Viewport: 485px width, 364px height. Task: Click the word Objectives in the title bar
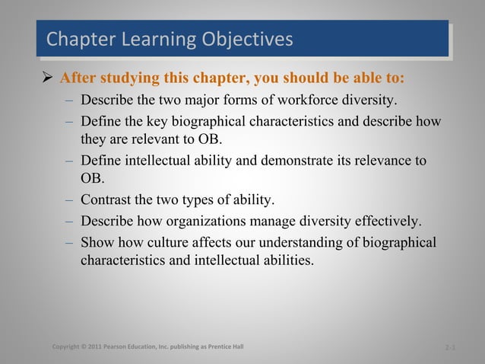point(245,39)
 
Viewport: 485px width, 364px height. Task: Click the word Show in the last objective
point(97,242)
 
